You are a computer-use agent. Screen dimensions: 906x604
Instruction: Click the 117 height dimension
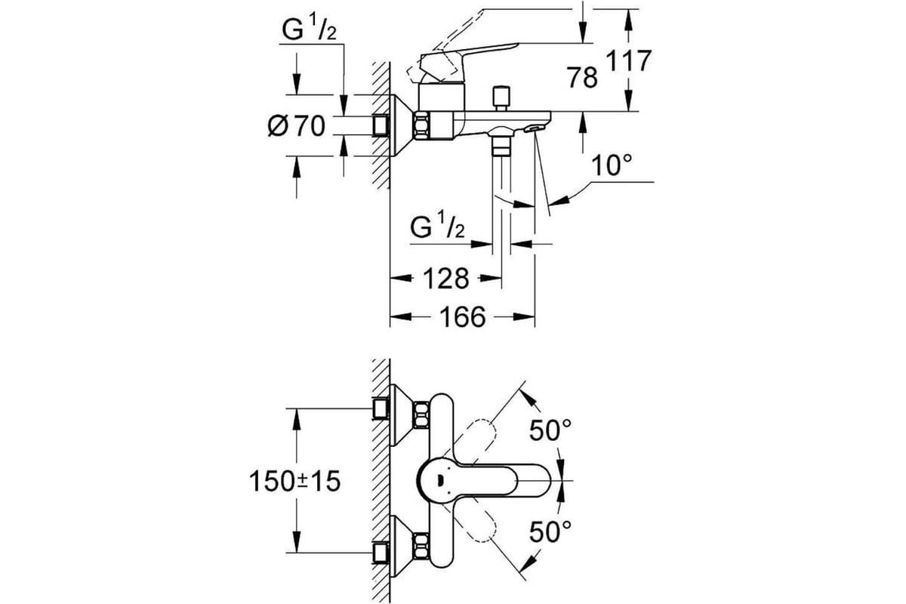[629, 61]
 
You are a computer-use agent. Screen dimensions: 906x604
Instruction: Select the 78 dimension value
[582, 77]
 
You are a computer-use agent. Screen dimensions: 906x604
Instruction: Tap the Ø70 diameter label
[297, 125]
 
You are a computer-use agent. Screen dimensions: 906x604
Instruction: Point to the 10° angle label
[611, 165]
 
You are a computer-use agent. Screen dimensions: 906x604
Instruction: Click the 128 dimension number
[446, 279]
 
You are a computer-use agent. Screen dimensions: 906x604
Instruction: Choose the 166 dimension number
[463, 317]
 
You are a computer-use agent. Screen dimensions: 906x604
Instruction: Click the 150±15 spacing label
[295, 482]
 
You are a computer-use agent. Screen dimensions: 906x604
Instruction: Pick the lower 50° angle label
[550, 532]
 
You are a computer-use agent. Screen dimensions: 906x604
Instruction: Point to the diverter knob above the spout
[501, 98]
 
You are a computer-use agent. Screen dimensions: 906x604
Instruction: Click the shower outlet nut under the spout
[501, 146]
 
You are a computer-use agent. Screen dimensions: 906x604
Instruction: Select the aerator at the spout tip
[533, 128]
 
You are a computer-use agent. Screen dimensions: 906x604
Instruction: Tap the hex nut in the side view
[421, 125]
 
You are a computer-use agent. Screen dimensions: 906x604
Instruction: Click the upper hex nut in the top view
[421, 415]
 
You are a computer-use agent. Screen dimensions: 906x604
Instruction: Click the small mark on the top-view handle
[440, 481]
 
